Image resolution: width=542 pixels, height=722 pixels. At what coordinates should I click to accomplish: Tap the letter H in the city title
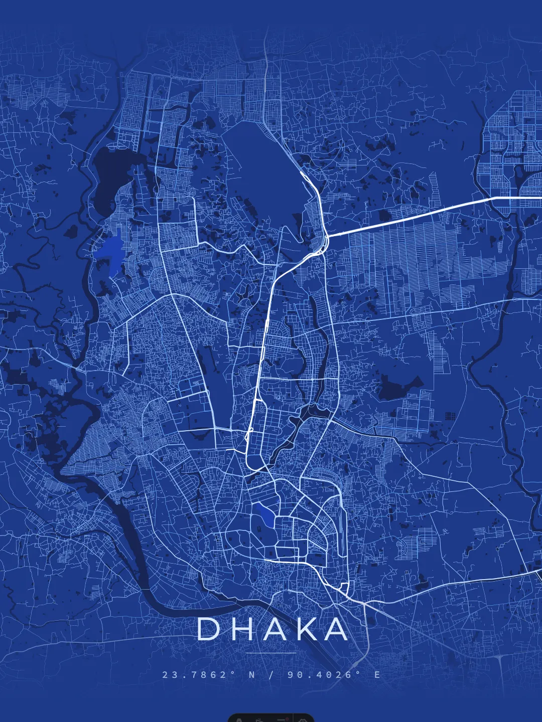pos(242,629)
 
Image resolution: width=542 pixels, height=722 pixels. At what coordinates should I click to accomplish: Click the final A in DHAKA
pos(335,629)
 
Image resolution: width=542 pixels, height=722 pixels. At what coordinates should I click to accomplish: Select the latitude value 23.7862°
pos(199,675)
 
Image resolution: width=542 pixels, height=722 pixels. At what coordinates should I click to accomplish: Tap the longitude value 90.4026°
pos(324,675)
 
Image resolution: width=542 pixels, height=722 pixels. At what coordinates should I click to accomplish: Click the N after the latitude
pos(252,675)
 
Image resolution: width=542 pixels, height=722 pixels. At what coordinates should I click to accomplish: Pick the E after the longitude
pos(377,675)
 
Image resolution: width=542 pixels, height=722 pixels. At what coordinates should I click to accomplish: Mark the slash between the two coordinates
pos(272,675)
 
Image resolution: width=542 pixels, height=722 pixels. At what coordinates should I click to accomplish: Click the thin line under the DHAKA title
pos(271,653)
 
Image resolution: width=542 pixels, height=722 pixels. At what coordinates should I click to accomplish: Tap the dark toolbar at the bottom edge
pos(271,718)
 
